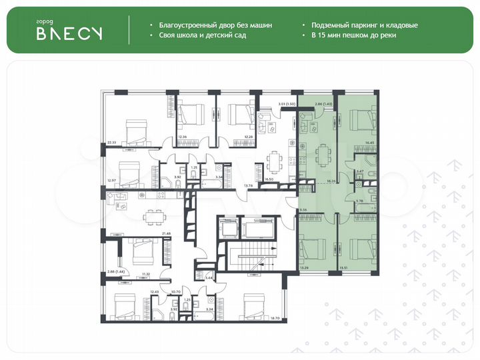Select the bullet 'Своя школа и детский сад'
[202, 35]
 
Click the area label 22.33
[111, 142]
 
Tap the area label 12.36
[183, 137]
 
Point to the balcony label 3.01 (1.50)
[269, 104]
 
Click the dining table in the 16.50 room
[273, 162]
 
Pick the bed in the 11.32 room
[142, 253]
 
